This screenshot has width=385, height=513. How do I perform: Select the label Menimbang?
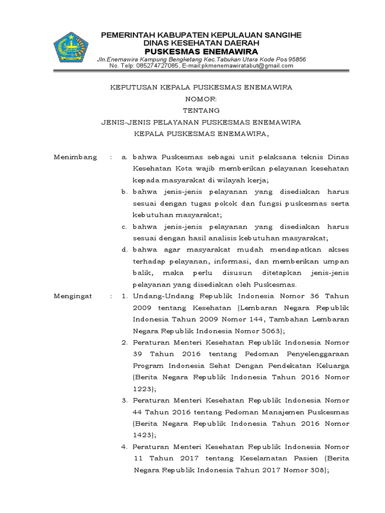click(75, 157)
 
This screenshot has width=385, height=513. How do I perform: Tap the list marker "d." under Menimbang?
click(124, 249)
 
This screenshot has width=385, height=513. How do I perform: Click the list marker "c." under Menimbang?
click(124, 226)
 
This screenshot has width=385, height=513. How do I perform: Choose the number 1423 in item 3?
click(144, 435)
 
